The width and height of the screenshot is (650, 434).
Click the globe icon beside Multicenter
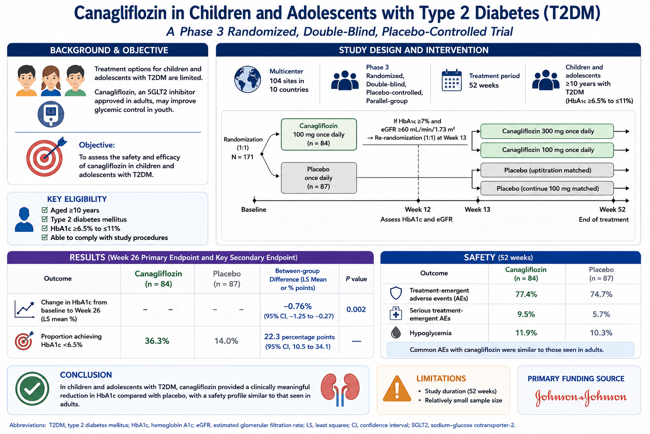tap(247, 79)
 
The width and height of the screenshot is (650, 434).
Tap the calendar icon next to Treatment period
tap(452, 80)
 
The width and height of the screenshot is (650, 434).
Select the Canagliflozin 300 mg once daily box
tap(547, 131)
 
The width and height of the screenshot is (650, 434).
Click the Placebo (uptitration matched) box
tap(547, 170)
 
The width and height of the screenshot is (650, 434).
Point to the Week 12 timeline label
tap(418, 210)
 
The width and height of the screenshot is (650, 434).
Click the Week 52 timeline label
tap(612, 210)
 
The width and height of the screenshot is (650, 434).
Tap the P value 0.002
tap(356, 309)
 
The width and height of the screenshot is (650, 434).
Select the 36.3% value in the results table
tap(157, 341)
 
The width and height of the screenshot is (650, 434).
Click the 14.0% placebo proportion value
tap(226, 341)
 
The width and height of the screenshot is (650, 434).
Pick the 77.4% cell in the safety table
tap(526, 295)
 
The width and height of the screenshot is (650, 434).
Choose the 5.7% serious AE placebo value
tap(601, 314)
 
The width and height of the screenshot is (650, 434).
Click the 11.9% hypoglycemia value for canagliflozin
tap(526, 333)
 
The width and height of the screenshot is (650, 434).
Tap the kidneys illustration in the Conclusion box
tap(340, 389)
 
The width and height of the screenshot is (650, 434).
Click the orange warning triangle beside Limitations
tap(397, 389)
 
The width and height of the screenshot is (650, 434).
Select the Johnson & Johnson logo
tap(581, 398)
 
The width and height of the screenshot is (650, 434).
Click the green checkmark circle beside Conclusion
tap(32, 389)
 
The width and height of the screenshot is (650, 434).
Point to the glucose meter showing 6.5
tap(51, 114)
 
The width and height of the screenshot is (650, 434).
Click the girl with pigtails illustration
tap(51, 81)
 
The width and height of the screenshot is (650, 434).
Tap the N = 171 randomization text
tap(242, 157)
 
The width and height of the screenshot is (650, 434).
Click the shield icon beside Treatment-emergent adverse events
tap(396, 293)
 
